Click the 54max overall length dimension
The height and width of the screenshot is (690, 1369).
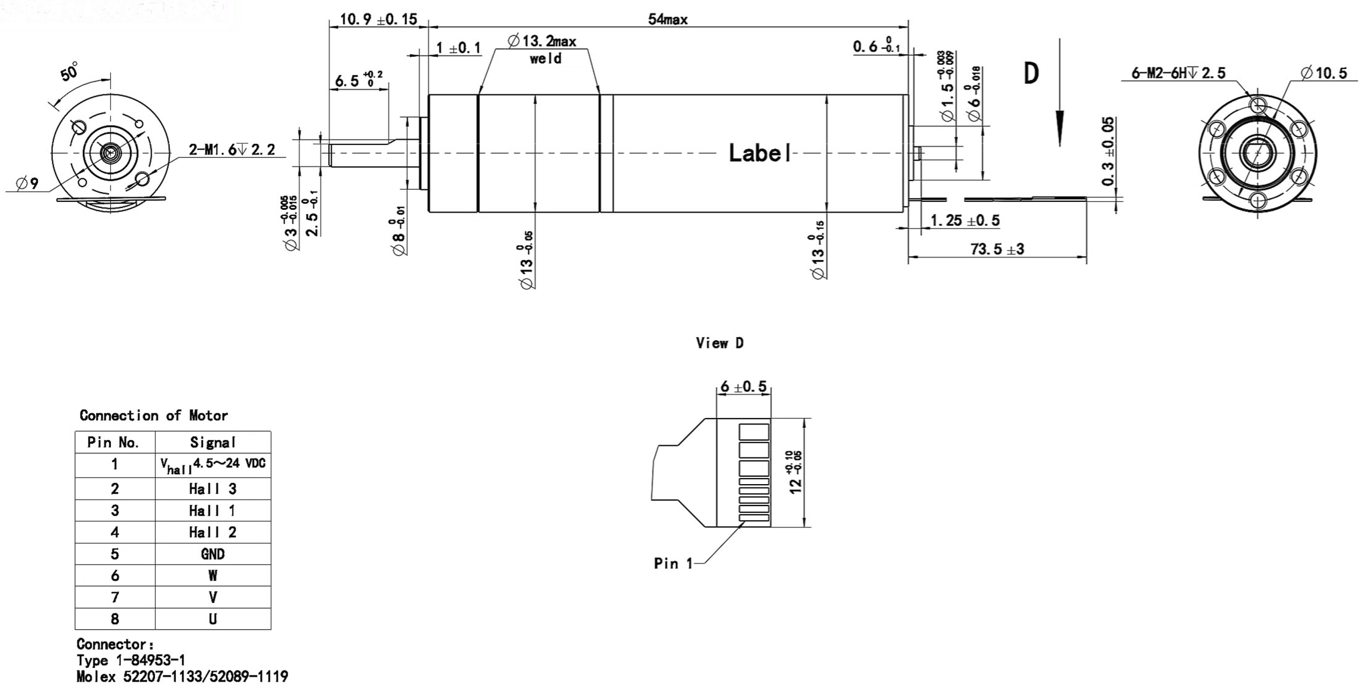click(x=667, y=19)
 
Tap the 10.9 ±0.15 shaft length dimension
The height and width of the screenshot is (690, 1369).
click(x=378, y=19)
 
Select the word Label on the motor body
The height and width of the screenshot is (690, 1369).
click(x=759, y=153)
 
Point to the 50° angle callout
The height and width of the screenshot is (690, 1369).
click(x=70, y=72)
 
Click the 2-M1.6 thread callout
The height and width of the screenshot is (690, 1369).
click(x=231, y=150)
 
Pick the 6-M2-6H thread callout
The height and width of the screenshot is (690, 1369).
click(x=1178, y=73)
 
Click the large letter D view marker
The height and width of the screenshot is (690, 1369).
click(x=1031, y=74)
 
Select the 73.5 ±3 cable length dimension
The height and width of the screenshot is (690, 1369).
click(x=997, y=249)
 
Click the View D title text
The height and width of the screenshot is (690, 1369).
click(x=719, y=343)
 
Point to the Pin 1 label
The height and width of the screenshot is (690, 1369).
click(x=673, y=564)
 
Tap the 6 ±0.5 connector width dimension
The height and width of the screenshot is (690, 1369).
click(x=743, y=387)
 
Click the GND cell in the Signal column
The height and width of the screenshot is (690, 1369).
click(x=213, y=554)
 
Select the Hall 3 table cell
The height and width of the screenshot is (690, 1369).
click(x=213, y=489)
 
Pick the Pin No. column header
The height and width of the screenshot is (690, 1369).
click(x=114, y=443)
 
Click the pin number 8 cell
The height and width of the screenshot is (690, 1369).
click(x=115, y=619)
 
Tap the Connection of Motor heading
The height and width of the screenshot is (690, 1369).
click(x=154, y=416)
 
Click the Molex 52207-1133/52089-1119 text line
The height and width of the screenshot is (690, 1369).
click(x=182, y=677)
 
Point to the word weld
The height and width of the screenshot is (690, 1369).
click(x=545, y=59)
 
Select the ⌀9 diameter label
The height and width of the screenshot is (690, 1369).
click(x=27, y=183)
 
